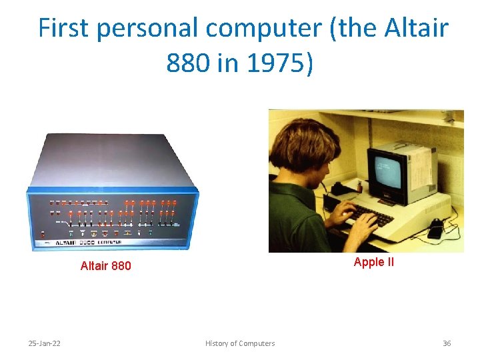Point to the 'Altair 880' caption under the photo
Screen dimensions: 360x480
tap(105, 267)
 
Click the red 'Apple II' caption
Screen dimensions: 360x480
tap(373, 262)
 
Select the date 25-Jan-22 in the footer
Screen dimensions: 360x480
tap(44, 343)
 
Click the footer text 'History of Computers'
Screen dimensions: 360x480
tap(239, 343)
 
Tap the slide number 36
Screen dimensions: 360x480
tap(447, 343)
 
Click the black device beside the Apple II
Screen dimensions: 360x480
tap(436, 228)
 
